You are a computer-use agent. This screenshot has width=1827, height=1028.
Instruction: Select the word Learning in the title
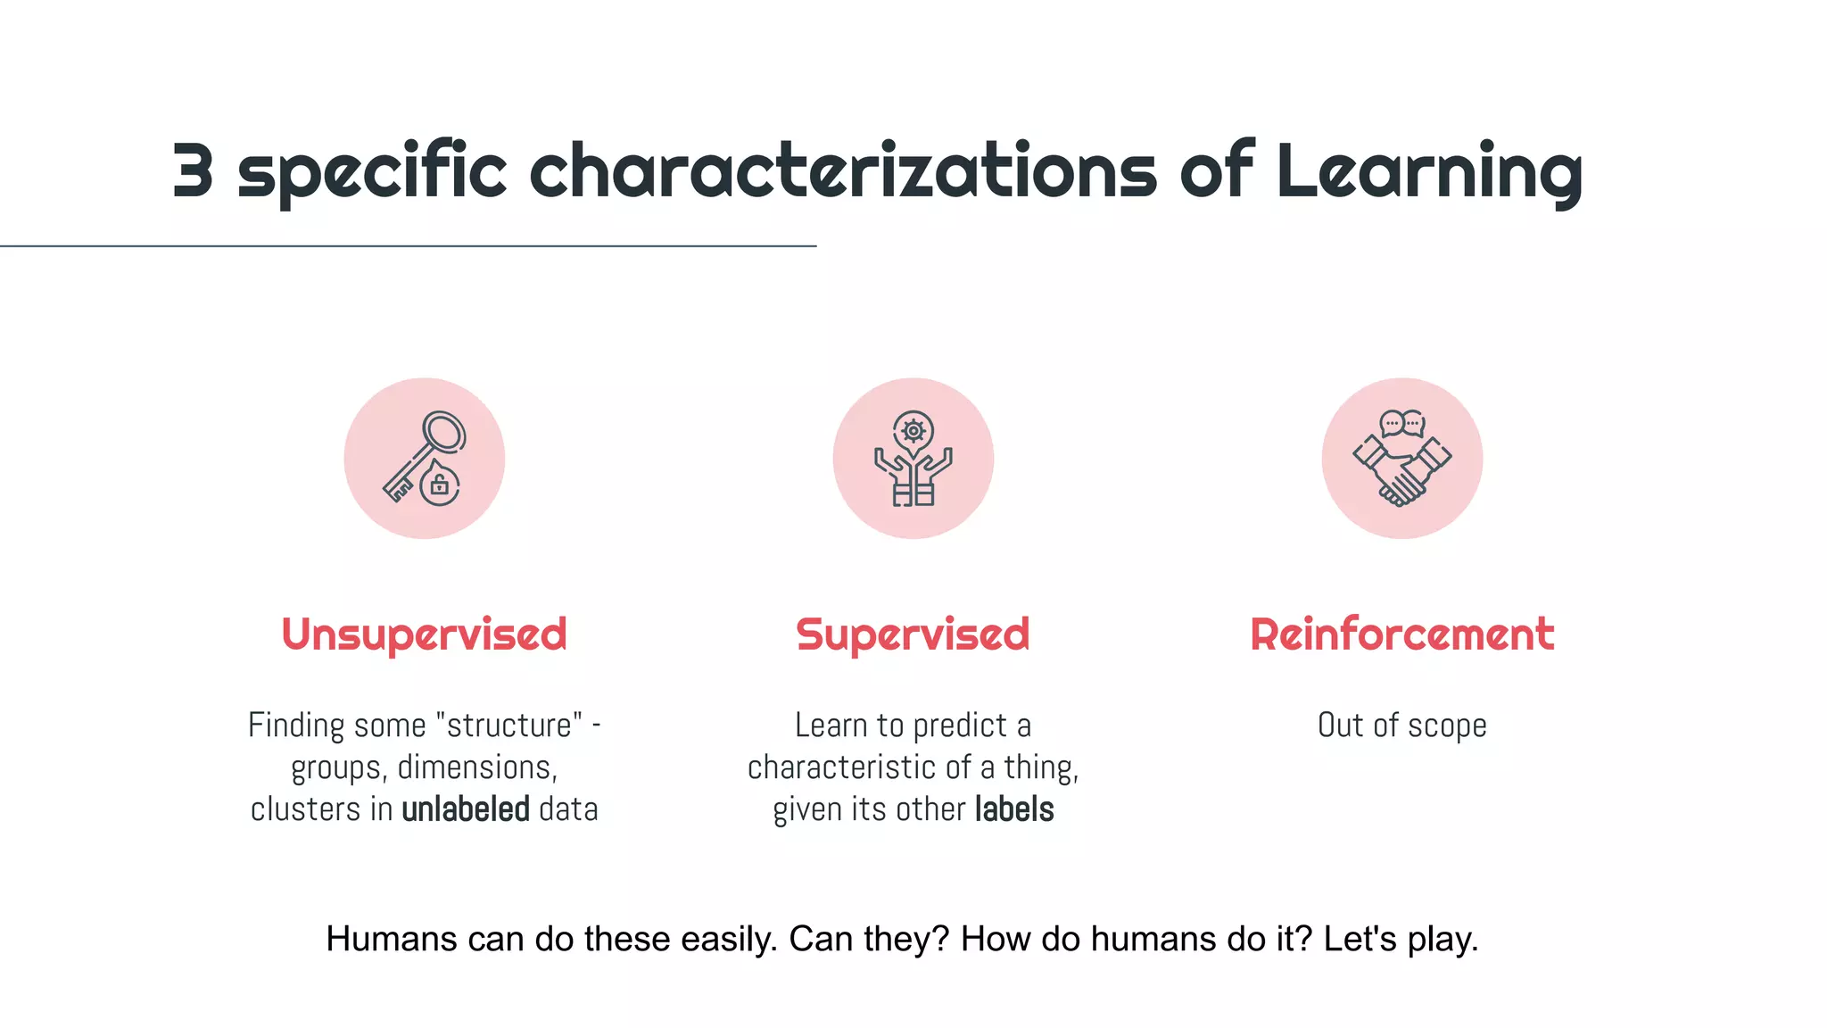coord(1429,171)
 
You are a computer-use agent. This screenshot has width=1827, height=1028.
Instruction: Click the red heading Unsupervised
coord(424,634)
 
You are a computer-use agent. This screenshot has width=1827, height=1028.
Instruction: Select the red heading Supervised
coord(913,634)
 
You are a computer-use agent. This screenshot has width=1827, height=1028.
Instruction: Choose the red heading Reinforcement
coord(1401,634)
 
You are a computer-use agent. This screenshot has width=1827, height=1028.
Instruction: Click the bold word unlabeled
coord(466,809)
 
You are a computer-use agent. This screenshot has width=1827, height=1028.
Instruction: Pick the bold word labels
coord(1014,809)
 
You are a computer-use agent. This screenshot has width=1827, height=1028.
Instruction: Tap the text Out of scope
coord(1401,725)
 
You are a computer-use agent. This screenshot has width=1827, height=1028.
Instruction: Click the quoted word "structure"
coord(508,725)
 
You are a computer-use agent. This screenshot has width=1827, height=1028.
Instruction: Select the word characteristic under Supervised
coord(847,767)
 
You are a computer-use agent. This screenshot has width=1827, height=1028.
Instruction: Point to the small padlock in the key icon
coord(439,485)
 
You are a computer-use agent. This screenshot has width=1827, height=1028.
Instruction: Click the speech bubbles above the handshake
coord(1401,423)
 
